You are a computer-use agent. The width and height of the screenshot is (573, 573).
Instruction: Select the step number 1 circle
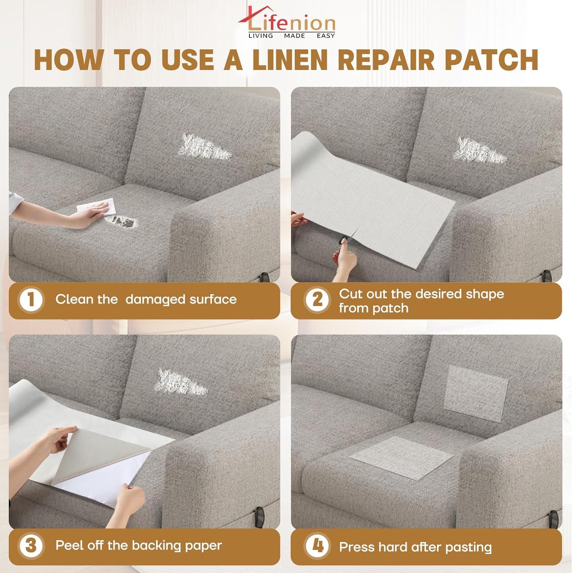31,300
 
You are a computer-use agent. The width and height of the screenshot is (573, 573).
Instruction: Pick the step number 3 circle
31,546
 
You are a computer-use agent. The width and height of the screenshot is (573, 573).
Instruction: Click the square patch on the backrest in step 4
476,393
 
